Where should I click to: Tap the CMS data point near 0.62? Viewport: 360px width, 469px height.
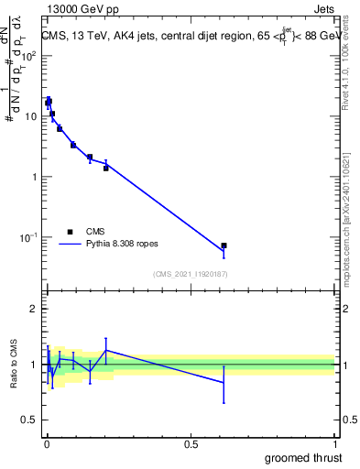pyautogui.click(x=224, y=245)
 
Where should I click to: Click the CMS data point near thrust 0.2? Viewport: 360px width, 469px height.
pyautogui.click(x=106, y=168)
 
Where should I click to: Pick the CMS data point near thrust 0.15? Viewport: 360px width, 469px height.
pyautogui.click(x=90, y=157)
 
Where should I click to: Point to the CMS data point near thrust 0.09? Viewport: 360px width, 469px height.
pyautogui.click(x=73, y=145)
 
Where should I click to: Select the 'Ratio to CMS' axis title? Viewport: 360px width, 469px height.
pyautogui.click(x=16, y=365)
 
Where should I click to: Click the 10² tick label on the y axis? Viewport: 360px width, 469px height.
pyautogui.click(x=29, y=56)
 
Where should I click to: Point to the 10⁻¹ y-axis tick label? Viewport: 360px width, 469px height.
pyautogui.click(x=28, y=237)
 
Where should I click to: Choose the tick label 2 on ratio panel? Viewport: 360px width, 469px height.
pyautogui.click(x=34, y=310)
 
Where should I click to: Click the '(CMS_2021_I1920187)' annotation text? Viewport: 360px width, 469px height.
pyautogui.click(x=190, y=273)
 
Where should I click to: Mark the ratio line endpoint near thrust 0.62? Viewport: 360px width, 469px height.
pyautogui.click(x=224, y=382)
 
